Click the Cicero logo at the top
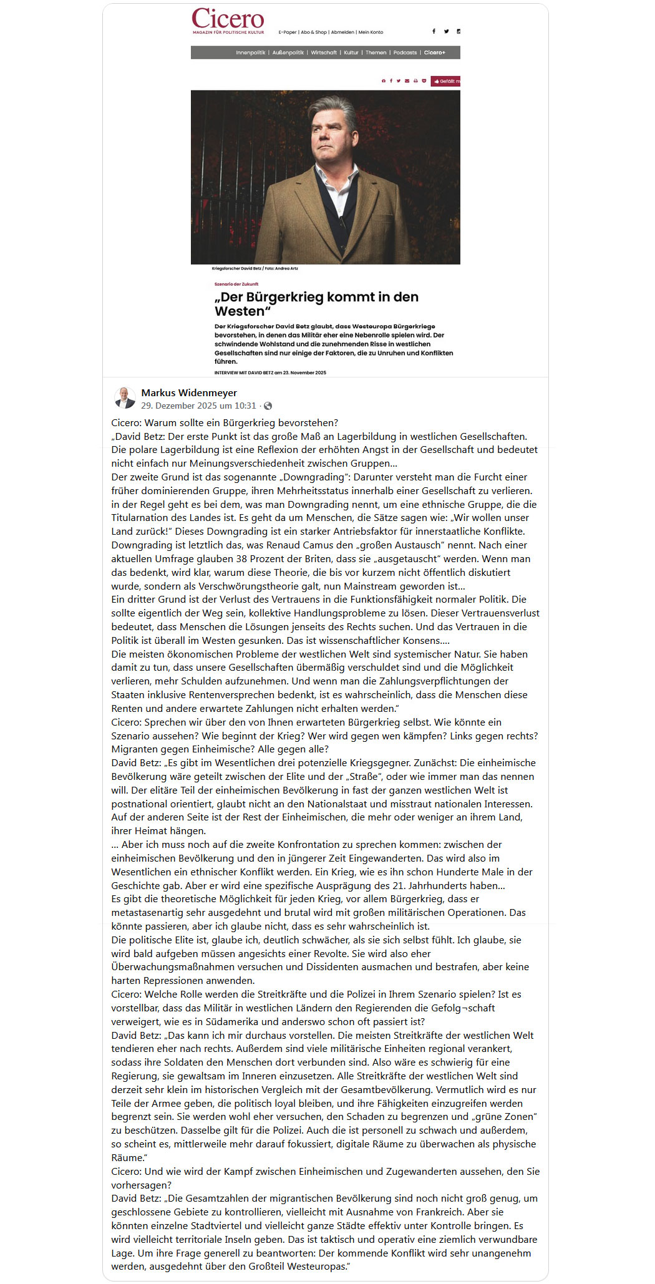[228, 21]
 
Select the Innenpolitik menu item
[250, 53]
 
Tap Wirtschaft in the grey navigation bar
[324, 53]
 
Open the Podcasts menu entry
[405, 53]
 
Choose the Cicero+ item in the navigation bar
[435, 53]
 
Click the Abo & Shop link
[314, 32]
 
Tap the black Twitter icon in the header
[446, 31]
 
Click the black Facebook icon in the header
[434, 31]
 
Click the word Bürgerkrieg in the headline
[293, 297]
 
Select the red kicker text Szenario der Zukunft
[236, 284]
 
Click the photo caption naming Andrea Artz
[255, 268]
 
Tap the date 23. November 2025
[306, 372]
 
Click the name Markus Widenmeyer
[189, 392]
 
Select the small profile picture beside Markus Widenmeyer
[125, 397]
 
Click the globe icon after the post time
[268, 406]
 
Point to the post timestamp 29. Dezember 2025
[198, 406]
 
